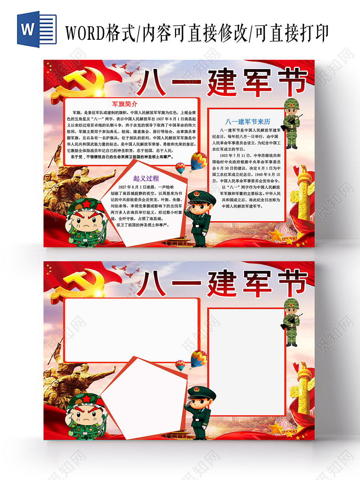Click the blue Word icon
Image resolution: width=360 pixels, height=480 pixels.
(x=36, y=29)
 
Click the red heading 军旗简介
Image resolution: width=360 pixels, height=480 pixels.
(x=125, y=104)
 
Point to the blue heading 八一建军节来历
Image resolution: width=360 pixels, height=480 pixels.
(x=248, y=122)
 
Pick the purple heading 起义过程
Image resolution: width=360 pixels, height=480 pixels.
(x=146, y=178)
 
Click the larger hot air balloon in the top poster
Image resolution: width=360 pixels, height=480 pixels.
(x=198, y=161)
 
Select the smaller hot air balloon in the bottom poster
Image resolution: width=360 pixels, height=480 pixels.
(x=180, y=365)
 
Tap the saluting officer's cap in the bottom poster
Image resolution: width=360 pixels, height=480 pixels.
(x=201, y=392)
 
